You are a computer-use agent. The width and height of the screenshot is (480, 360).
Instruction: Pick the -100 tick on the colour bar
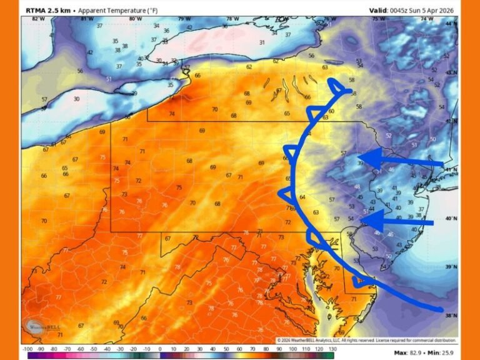click(28, 349)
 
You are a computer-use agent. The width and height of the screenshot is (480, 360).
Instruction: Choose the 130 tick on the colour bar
click(332, 349)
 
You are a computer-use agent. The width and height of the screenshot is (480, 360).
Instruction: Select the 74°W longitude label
click(427, 19)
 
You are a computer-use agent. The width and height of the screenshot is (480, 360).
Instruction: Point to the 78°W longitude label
click(232, 19)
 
